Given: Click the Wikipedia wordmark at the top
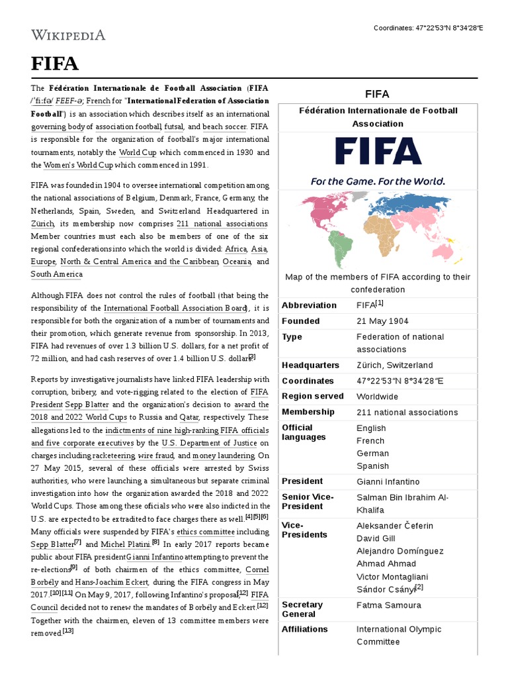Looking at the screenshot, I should [x=68, y=34].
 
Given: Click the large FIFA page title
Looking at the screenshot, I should [x=55, y=64].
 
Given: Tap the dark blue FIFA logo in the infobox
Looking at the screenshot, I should [x=378, y=151].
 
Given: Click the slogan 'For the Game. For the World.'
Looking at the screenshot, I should [x=378, y=181].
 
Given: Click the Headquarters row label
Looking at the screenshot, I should [x=310, y=365].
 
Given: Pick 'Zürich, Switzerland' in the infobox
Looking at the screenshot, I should [x=395, y=365].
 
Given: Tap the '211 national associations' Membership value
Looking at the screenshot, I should [x=407, y=412].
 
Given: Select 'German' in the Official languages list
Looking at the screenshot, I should [x=372, y=454].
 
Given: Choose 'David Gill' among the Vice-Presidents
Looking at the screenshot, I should [x=376, y=539].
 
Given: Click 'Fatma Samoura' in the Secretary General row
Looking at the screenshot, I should [x=388, y=605].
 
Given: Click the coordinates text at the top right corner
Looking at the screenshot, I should [x=428, y=28].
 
